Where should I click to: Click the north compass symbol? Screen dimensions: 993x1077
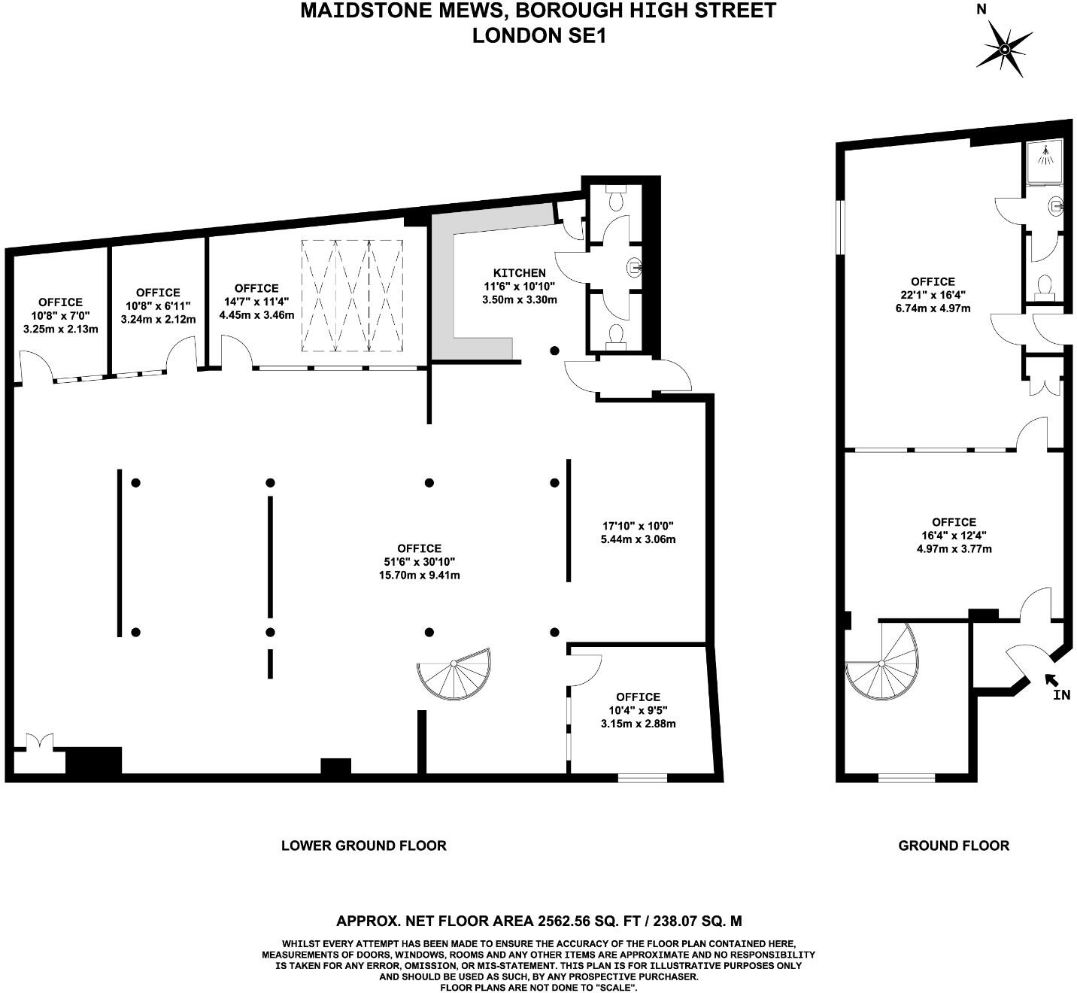tap(1004, 49)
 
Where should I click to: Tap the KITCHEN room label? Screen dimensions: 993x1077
tap(519, 272)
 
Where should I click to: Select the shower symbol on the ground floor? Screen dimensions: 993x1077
tap(1045, 156)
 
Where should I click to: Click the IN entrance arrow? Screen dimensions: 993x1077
tap(1051, 681)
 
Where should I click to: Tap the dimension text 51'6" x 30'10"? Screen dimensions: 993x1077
tap(420, 562)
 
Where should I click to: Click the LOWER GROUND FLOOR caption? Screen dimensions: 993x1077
tap(363, 846)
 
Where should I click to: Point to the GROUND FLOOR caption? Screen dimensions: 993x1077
tap(954, 846)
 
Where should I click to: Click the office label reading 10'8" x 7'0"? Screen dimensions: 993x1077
tap(60, 316)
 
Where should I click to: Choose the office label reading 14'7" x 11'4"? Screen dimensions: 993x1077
tap(256, 302)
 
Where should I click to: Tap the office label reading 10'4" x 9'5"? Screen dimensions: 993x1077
tap(638, 710)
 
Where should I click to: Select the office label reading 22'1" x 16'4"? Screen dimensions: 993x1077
tap(933, 295)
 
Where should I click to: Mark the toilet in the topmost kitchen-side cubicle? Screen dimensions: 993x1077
tap(615, 199)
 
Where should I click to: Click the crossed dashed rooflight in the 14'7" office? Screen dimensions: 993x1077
tap(353, 296)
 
